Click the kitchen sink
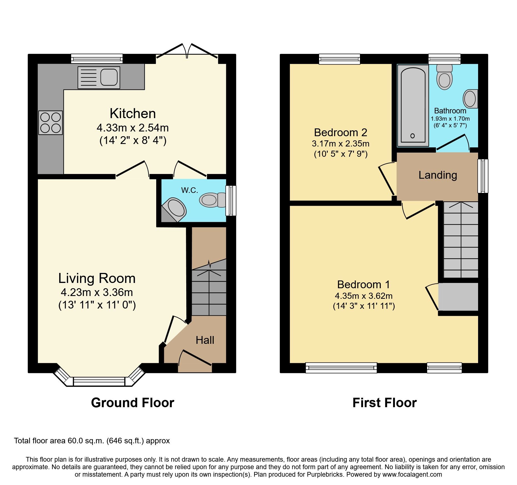click(99, 78)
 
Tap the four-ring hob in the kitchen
click(51, 123)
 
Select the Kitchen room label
click(133, 113)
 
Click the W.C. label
click(190, 190)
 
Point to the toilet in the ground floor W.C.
click(212, 200)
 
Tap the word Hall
click(205, 340)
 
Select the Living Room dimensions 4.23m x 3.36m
click(97, 292)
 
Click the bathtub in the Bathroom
click(413, 106)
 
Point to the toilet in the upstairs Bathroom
click(444, 77)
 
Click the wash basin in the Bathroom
click(470, 99)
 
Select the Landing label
click(438, 175)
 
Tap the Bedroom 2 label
click(340, 133)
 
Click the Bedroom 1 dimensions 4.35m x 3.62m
click(364, 296)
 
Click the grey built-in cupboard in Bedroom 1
click(458, 297)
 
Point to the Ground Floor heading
click(133, 403)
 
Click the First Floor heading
click(384, 403)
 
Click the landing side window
click(483, 176)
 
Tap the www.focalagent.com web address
click(412, 474)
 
